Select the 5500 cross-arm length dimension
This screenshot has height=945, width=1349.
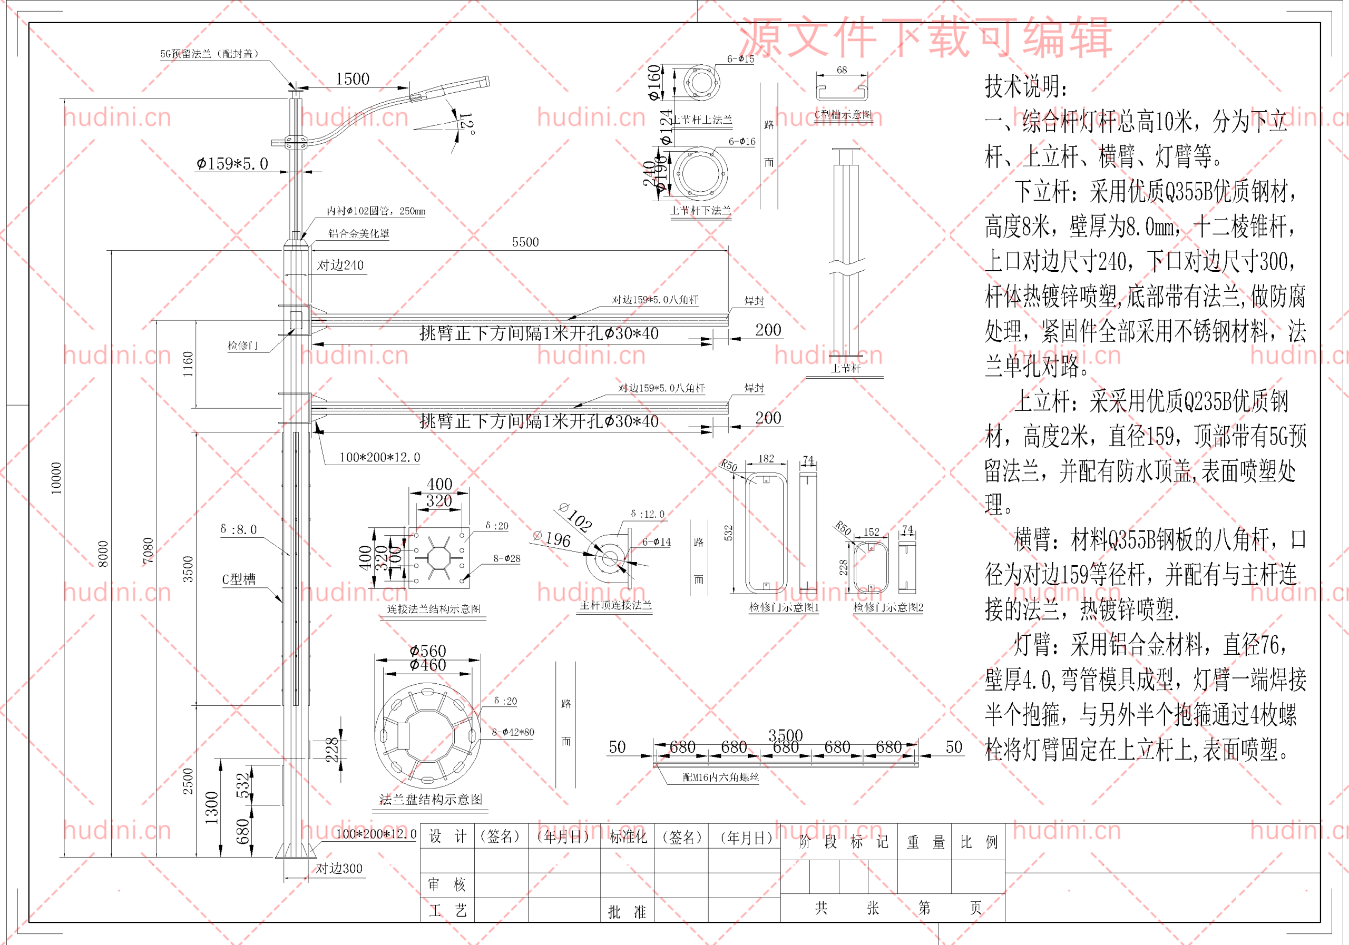point(525,242)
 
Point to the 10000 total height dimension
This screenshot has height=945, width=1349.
point(56,478)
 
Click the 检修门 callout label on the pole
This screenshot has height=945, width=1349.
point(242,346)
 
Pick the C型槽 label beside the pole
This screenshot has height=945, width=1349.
point(239,579)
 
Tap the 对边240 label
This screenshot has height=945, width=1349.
point(340,265)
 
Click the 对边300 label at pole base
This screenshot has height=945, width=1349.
point(339,868)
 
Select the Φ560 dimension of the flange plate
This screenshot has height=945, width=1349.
point(428,651)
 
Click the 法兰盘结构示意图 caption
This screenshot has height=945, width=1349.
point(431,799)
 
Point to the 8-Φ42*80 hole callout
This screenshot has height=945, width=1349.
point(513,732)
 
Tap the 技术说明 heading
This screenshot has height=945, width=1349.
point(1026,86)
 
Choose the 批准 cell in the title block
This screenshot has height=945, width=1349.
point(627,911)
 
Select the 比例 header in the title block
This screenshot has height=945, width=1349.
point(978,842)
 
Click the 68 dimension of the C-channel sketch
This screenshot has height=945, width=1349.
point(842,70)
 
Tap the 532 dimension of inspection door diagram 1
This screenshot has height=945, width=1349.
point(729,533)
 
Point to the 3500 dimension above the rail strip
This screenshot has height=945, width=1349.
point(785,735)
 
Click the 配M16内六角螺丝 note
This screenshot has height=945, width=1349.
point(720,777)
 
